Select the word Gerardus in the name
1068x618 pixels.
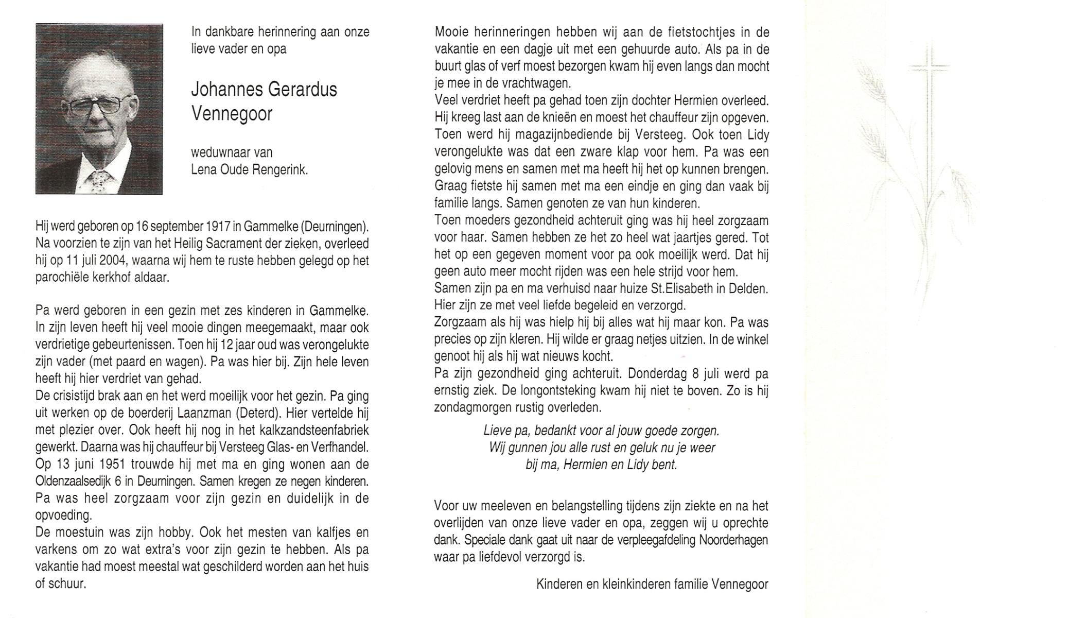click(308, 90)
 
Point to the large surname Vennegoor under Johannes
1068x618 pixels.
click(232, 114)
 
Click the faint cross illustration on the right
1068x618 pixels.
click(930, 103)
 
